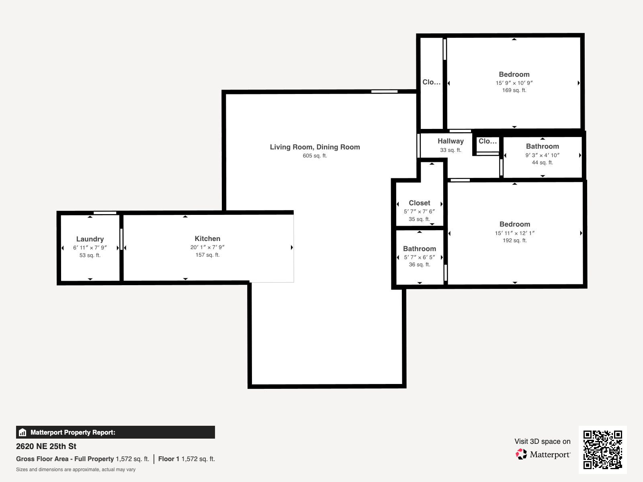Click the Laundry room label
(90, 239)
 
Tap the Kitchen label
(207, 239)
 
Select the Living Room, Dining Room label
(315, 147)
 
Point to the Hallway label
(451, 141)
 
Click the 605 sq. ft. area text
(315, 156)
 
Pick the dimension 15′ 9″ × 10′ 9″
(514, 83)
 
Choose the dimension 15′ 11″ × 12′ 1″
(515, 233)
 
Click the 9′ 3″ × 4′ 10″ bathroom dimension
(542, 155)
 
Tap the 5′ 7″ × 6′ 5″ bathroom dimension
(420, 257)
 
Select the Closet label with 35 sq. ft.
(420, 203)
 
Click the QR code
(602, 449)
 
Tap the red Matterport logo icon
(521, 454)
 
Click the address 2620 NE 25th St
(46, 446)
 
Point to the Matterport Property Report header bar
(115, 432)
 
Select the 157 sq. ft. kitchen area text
(207, 255)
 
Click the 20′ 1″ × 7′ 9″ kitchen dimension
(207, 247)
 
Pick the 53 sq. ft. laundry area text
(90, 255)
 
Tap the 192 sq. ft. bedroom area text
(515, 241)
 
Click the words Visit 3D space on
(543, 441)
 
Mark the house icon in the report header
(23, 432)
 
